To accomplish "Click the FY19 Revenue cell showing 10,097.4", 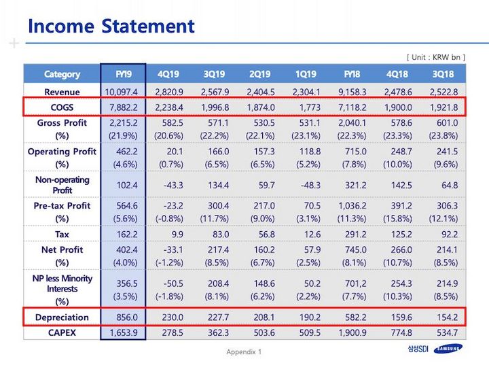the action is (121, 92).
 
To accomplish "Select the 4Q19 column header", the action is (168, 74).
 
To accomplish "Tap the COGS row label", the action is (62, 107).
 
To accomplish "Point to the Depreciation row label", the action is (62, 317).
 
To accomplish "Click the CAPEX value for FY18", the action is (352, 332).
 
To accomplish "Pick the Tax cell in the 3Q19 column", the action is (221, 234).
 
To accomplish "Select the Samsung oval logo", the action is (448, 349).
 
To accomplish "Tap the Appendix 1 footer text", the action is (244, 352).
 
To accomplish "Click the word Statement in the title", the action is (148, 26).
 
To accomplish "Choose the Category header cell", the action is (62, 74).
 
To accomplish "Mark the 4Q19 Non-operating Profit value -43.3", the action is (173, 185).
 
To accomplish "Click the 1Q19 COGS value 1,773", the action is (310, 107).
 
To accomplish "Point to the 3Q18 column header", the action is (443, 74).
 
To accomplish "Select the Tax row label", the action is (62, 234).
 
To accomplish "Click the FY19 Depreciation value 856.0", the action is (127, 317).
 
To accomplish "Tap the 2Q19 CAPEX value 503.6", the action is (264, 332).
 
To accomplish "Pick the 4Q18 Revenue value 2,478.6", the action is (398, 92).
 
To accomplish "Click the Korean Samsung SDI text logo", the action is (418, 349).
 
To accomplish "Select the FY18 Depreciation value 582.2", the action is (356, 317).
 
